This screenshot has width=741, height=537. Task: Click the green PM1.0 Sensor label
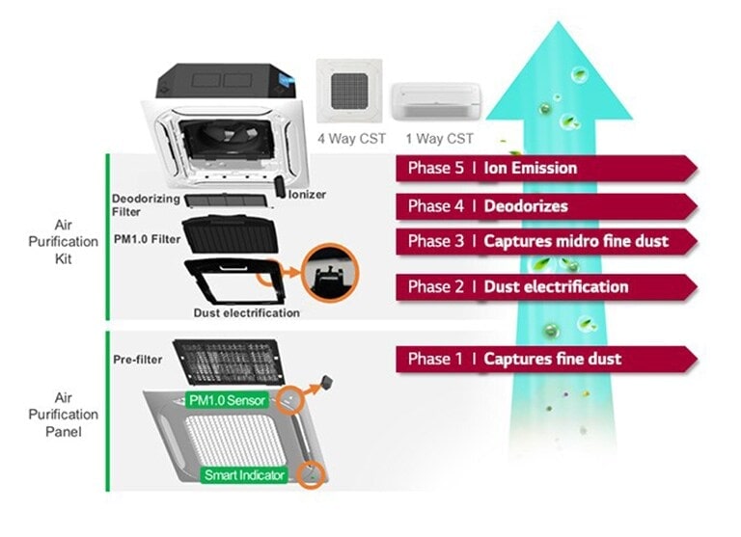pos(227,398)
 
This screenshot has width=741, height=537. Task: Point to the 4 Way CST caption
pos(351,139)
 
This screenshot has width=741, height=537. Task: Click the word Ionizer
pos(307,195)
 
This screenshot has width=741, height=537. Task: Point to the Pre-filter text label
pos(138,360)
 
